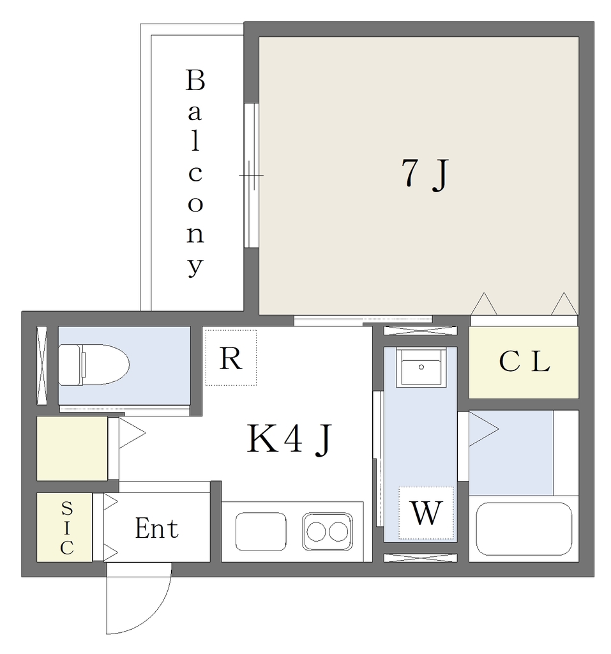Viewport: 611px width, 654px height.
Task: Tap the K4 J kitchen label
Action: pyautogui.click(x=289, y=439)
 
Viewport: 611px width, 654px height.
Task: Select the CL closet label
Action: pyautogui.click(x=524, y=361)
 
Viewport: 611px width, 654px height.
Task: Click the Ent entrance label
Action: pyautogui.click(x=157, y=528)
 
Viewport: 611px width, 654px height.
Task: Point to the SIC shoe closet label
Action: pyautogui.click(x=67, y=528)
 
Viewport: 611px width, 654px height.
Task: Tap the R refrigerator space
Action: pyautogui.click(x=230, y=358)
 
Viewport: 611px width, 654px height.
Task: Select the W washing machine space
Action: pyautogui.click(x=426, y=513)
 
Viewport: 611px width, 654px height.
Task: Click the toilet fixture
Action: pyautogui.click(x=94, y=365)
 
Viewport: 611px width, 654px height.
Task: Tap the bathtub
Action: pyautogui.click(x=524, y=529)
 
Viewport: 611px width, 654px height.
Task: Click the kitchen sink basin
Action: pyautogui.click(x=261, y=532)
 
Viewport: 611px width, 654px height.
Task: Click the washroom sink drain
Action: pyautogui.click(x=421, y=367)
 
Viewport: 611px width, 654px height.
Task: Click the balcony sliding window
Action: pyautogui.click(x=252, y=175)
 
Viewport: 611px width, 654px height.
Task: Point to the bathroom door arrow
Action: pyautogui.click(x=483, y=429)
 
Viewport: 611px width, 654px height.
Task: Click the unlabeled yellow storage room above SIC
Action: pyautogui.click(x=72, y=448)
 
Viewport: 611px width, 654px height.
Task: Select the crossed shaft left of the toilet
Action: pyautogui.click(x=41, y=365)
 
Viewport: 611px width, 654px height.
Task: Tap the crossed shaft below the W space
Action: pyautogui.click(x=420, y=558)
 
